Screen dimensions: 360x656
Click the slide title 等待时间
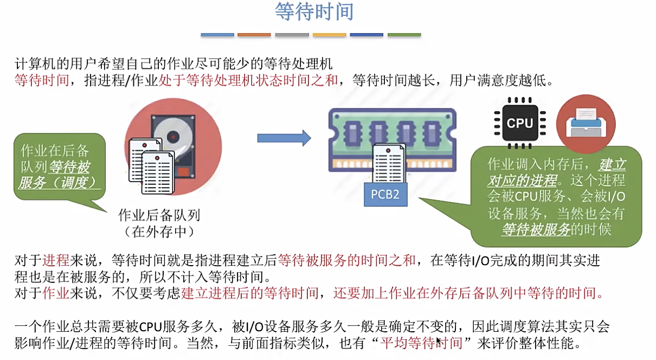(314, 12)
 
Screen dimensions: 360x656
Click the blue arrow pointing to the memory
(284, 138)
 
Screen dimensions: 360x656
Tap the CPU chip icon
(519, 123)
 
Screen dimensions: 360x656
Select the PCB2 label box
(385, 194)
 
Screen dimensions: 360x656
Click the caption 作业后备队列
(159, 215)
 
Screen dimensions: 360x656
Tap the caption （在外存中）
(159, 232)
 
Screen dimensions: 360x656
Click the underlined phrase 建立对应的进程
(558, 172)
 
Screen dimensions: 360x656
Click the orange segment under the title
(254, 35)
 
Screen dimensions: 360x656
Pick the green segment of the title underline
(404, 35)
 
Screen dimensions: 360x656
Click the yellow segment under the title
(329, 35)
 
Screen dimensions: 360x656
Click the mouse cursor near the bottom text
(439, 342)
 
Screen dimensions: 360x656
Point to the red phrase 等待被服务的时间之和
(346, 260)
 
